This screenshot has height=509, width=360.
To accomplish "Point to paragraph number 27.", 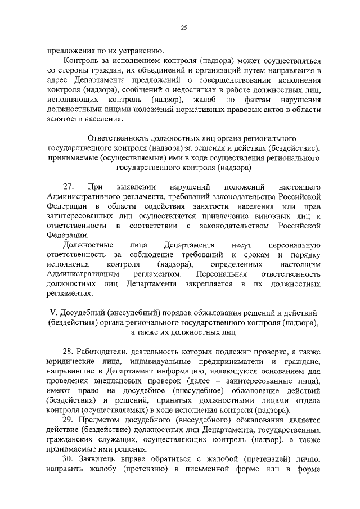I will tap(69, 186).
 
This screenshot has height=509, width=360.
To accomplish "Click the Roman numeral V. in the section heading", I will tap(51, 313).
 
